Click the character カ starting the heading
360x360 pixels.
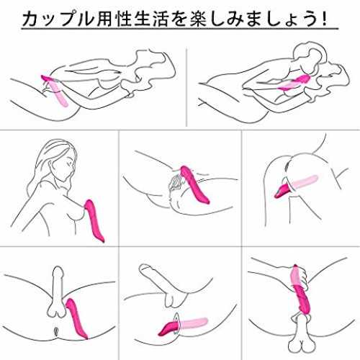[31, 18]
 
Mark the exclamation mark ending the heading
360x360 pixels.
[325, 18]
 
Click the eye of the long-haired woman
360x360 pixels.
[70, 163]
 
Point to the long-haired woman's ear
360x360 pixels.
[50, 166]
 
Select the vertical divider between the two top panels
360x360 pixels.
[186, 87]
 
